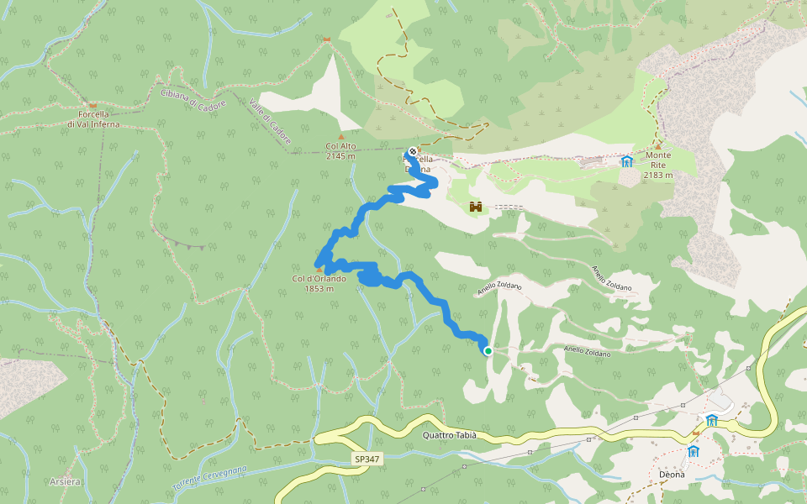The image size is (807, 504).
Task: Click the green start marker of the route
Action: point(488,351)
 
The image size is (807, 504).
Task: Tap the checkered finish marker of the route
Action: point(413,153)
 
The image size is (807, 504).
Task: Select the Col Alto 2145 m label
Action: point(340,150)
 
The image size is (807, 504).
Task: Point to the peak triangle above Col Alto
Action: point(340,136)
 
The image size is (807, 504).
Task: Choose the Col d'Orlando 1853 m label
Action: point(319,284)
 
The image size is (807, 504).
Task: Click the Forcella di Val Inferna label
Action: point(93,119)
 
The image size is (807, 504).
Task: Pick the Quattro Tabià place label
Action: point(450,435)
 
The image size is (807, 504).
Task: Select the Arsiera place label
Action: point(65,481)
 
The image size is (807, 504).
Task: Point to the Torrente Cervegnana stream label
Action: point(209,480)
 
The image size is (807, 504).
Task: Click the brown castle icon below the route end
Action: point(475,206)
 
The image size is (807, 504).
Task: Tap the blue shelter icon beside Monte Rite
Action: point(626,161)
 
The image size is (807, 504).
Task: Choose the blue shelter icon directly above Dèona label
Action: point(694,451)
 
